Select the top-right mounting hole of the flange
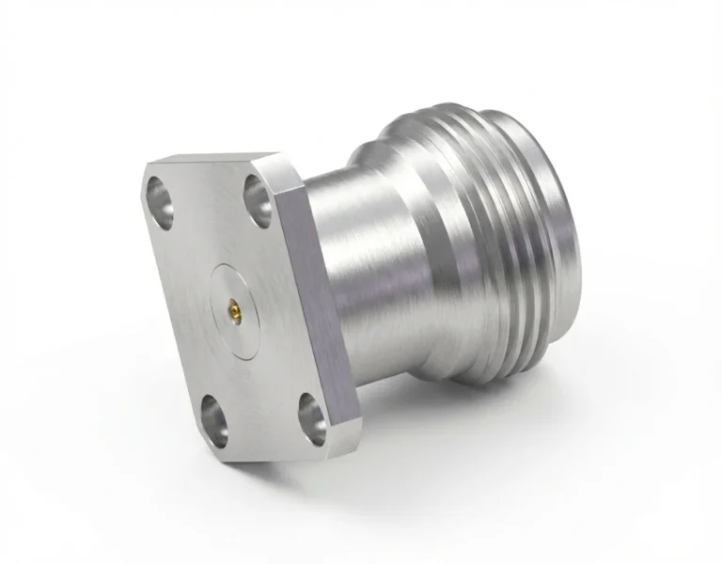(x=259, y=197)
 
